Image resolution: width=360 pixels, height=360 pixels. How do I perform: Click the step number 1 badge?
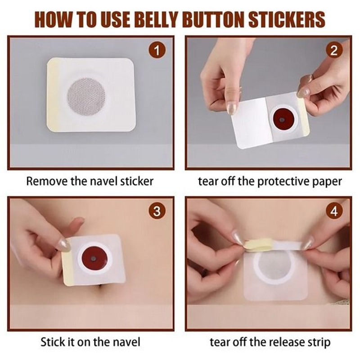point(157,51)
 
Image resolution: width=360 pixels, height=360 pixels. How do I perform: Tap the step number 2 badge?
point(333,51)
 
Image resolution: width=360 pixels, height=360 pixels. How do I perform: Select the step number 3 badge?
point(157,211)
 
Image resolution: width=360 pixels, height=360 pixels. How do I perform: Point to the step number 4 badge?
point(333,211)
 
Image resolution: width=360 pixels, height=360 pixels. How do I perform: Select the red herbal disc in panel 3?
point(93,259)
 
